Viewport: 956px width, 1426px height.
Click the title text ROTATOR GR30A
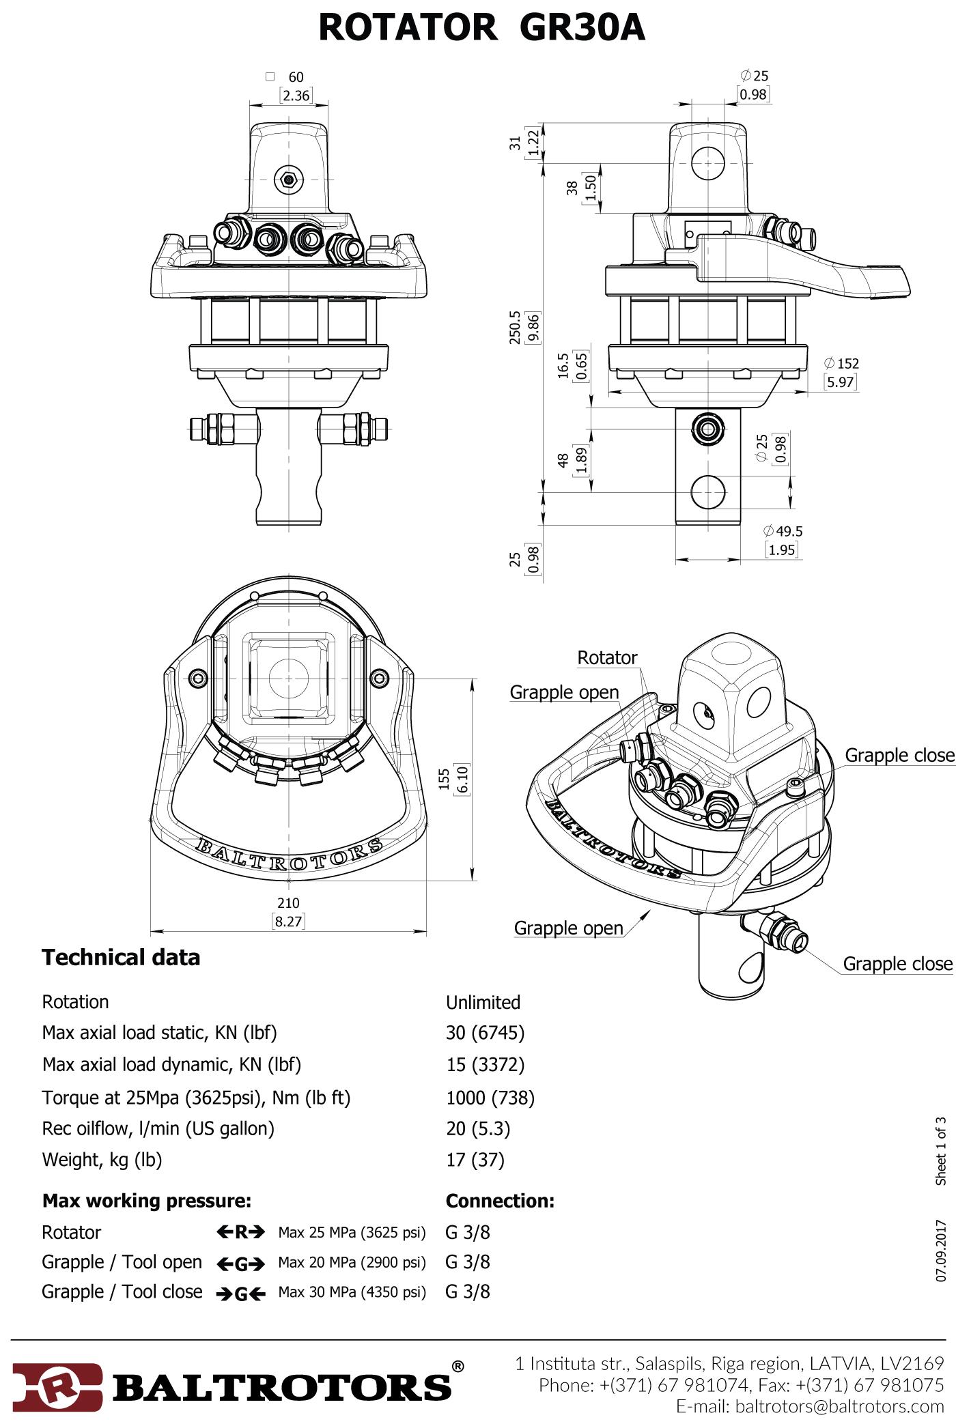(481, 29)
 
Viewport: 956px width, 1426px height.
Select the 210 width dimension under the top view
(288, 903)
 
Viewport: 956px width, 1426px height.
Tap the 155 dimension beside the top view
(445, 780)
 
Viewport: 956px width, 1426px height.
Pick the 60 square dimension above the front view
(295, 77)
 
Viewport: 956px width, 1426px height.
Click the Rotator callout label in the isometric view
(607, 657)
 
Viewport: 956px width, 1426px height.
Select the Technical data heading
(121, 957)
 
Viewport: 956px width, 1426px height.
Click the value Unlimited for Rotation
(483, 1002)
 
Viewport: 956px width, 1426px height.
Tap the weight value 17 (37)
(475, 1159)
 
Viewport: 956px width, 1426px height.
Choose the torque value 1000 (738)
(490, 1097)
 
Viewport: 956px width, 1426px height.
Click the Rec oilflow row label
(158, 1128)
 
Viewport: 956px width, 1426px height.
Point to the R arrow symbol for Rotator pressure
(241, 1232)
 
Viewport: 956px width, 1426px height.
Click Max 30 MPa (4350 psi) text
(351, 1292)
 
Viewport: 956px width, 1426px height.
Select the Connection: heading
(500, 1200)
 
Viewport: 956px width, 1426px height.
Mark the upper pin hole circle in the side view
(709, 163)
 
